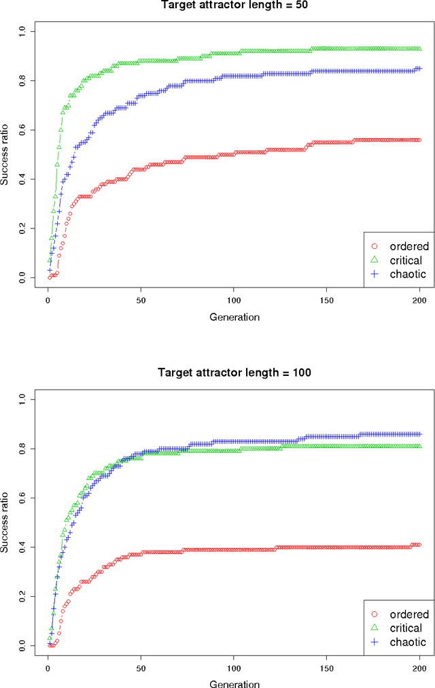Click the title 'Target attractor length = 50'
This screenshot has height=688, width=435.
234,5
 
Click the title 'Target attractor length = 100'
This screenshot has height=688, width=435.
234,372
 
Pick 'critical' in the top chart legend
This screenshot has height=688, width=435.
406,260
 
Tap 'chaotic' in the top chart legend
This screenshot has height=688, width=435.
408,274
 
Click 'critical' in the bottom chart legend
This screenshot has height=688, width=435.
406,628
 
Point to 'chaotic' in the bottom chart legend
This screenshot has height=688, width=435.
408,642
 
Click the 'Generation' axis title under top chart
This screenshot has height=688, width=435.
234,317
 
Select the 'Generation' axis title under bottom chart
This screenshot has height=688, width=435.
234,683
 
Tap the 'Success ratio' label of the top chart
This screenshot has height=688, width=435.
7,154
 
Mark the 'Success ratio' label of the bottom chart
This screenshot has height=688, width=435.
7,521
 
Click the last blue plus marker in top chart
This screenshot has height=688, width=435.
419,69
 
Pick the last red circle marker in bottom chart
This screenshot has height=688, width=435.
419,545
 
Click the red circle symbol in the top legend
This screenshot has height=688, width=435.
373,245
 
